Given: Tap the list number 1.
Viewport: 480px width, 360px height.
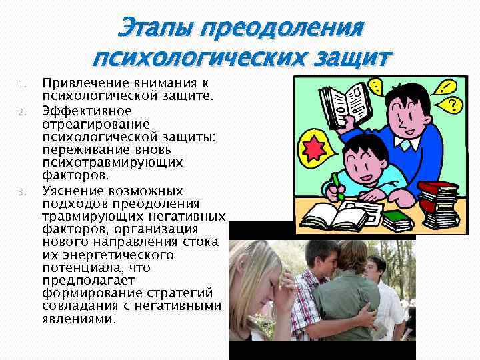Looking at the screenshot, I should click(x=21, y=84).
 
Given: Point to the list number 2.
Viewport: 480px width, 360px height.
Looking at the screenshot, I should click(x=21, y=111).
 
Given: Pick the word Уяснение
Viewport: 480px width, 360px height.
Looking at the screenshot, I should click(x=69, y=191).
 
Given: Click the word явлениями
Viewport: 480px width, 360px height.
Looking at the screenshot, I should click(x=79, y=319).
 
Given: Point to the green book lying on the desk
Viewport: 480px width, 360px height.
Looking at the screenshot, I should click(x=398, y=217).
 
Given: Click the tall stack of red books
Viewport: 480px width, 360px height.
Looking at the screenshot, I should click(x=441, y=203).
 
